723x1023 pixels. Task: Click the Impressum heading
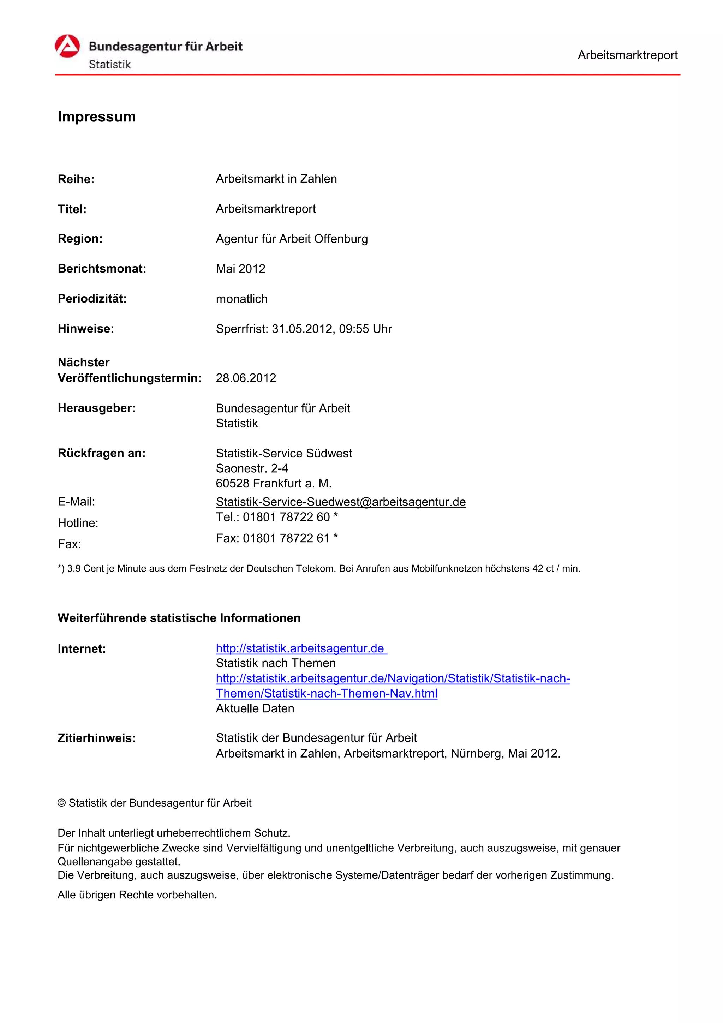pyautogui.click(x=97, y=117)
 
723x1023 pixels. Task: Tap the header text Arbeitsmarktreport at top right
pyautogui.click(x=627, y=55)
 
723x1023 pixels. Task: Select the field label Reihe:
pyautogui.click(x=76, y=179)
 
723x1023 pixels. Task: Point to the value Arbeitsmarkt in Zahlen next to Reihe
pyautogui.click(x=276, y=179)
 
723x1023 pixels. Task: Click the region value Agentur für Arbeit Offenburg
pyautogui.click(x=292, y=239)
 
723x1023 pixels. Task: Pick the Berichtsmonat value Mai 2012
pyautogui.click(x=240, y=269)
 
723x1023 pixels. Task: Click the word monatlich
pyautogui.click(x=241, y=299)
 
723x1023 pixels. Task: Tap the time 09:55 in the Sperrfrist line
pyautogui.click(x=354, y=329)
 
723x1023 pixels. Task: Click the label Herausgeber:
pyautogui.click(x=97, y=408)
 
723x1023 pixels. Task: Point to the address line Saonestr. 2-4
pyautogui.click(x=252, y=468)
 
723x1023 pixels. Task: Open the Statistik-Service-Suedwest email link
pyautogui.click(x=341, y=502)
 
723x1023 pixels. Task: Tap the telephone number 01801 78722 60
pyautogui.click(x=286, y=517)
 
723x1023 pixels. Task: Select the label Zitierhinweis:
pyautogui.click(x=97, y=738)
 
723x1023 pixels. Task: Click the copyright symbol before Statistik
pyautogui.click(x=61, y=803)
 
